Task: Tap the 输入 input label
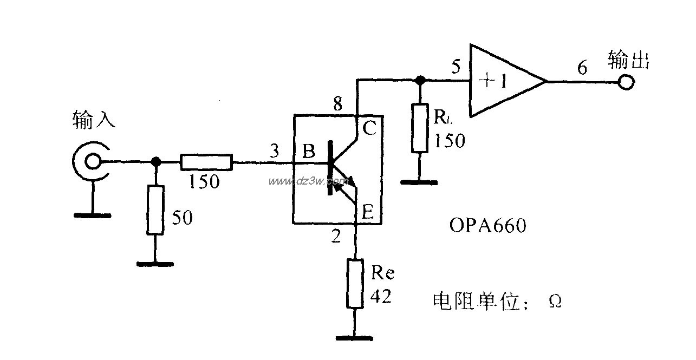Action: pos(94,119)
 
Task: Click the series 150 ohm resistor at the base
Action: pos(206,162)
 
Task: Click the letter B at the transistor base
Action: pos(309,152)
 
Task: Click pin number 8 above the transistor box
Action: pos(337,104)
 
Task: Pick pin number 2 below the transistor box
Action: pos(336,236)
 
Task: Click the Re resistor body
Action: pos(355,284)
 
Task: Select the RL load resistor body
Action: pos(419,128)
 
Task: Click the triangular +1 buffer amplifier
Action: pos(504,81)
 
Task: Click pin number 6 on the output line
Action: pos(582,68)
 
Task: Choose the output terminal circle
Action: pos(627,82)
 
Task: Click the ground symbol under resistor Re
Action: pos(355,338)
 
